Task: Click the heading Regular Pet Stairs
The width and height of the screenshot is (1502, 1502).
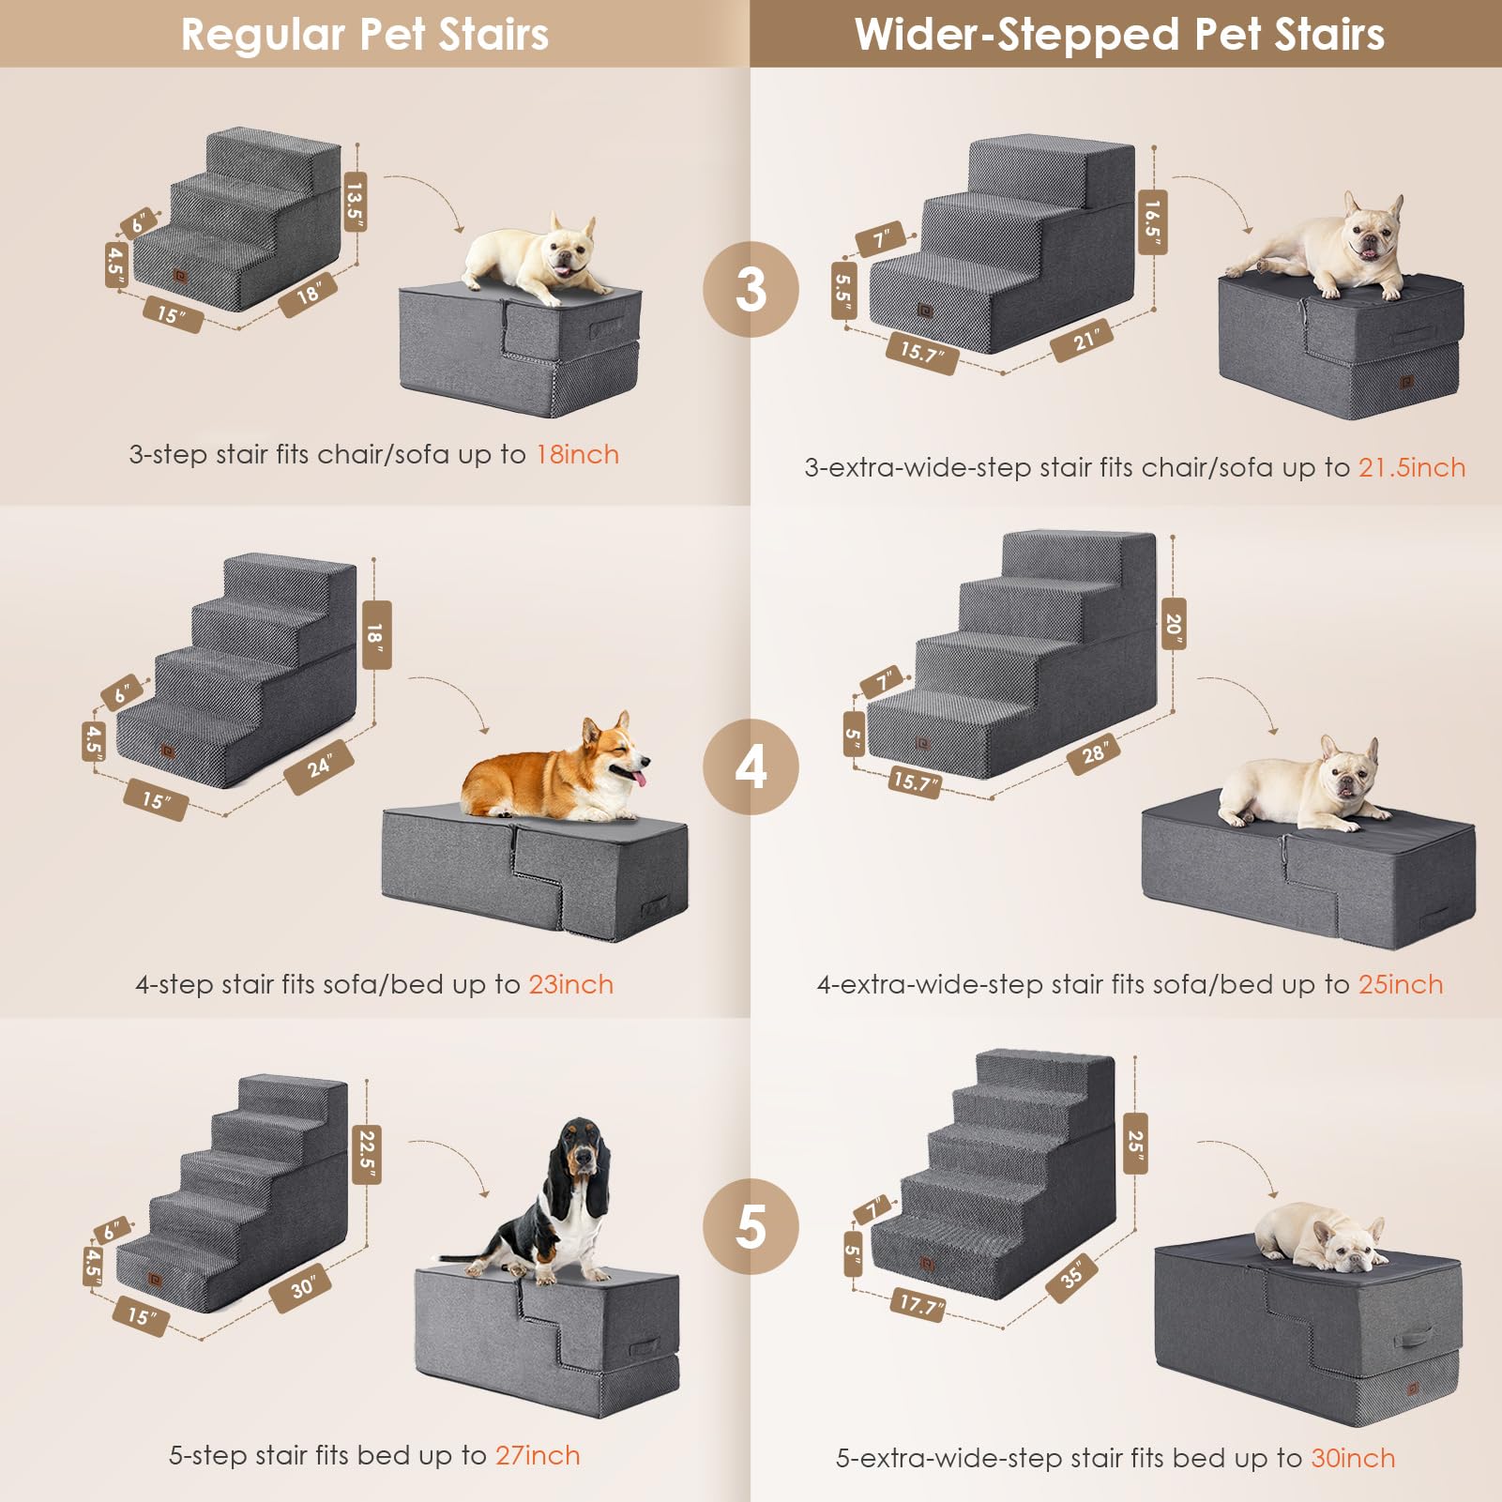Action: (364, 35)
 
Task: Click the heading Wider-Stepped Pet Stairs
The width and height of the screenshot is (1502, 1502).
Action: (1118, 35)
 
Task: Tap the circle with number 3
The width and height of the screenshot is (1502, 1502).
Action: (751, 289)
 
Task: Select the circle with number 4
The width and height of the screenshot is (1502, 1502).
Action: (751, 766)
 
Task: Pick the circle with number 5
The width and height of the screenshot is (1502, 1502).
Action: (751, 1226)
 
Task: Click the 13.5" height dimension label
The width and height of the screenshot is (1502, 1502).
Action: (355, 201)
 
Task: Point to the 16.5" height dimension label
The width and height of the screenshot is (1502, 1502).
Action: (1152, 221)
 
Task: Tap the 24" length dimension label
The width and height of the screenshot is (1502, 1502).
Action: (319, 766)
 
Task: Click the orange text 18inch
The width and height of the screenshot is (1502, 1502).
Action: (577, 454)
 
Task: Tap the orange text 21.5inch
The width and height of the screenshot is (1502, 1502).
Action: (1411, 467)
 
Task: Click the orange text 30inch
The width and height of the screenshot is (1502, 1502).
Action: (1352, 1457)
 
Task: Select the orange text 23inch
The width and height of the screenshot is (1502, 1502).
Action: (570, 984)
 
